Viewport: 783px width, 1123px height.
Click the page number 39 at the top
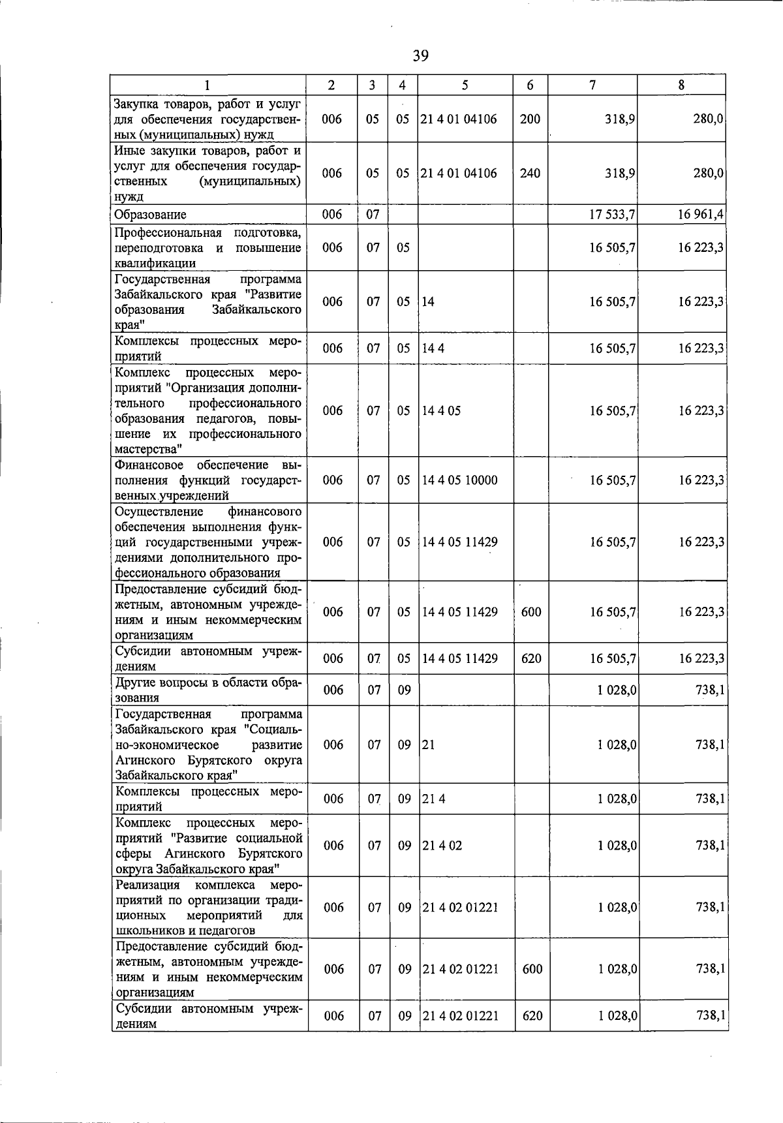(421, 56)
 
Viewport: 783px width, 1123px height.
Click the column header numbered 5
(465, 85)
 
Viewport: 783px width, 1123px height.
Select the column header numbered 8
(681, 85)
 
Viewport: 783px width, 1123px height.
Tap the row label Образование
(150, 215)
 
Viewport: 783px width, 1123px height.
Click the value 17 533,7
(612, 215)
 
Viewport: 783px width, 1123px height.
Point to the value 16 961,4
(701, 215)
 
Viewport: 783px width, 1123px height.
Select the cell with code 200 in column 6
(530, 119)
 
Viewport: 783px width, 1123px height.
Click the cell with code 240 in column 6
(530, 174)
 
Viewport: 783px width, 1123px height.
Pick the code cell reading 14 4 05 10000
(459, 480)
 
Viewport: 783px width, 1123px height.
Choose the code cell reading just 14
(428, 302)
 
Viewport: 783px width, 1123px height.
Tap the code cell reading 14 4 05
(441, 411)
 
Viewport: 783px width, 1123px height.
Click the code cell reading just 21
(429, 745)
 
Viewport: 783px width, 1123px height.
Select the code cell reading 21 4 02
(442, 846)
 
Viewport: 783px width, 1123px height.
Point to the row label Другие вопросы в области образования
(208, 690)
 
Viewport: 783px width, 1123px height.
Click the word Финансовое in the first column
(146, 465)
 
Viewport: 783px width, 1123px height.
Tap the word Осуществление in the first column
(159, 512)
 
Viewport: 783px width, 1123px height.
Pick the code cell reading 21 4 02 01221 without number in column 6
(461, 908)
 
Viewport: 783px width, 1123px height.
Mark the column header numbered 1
(207, 85)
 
